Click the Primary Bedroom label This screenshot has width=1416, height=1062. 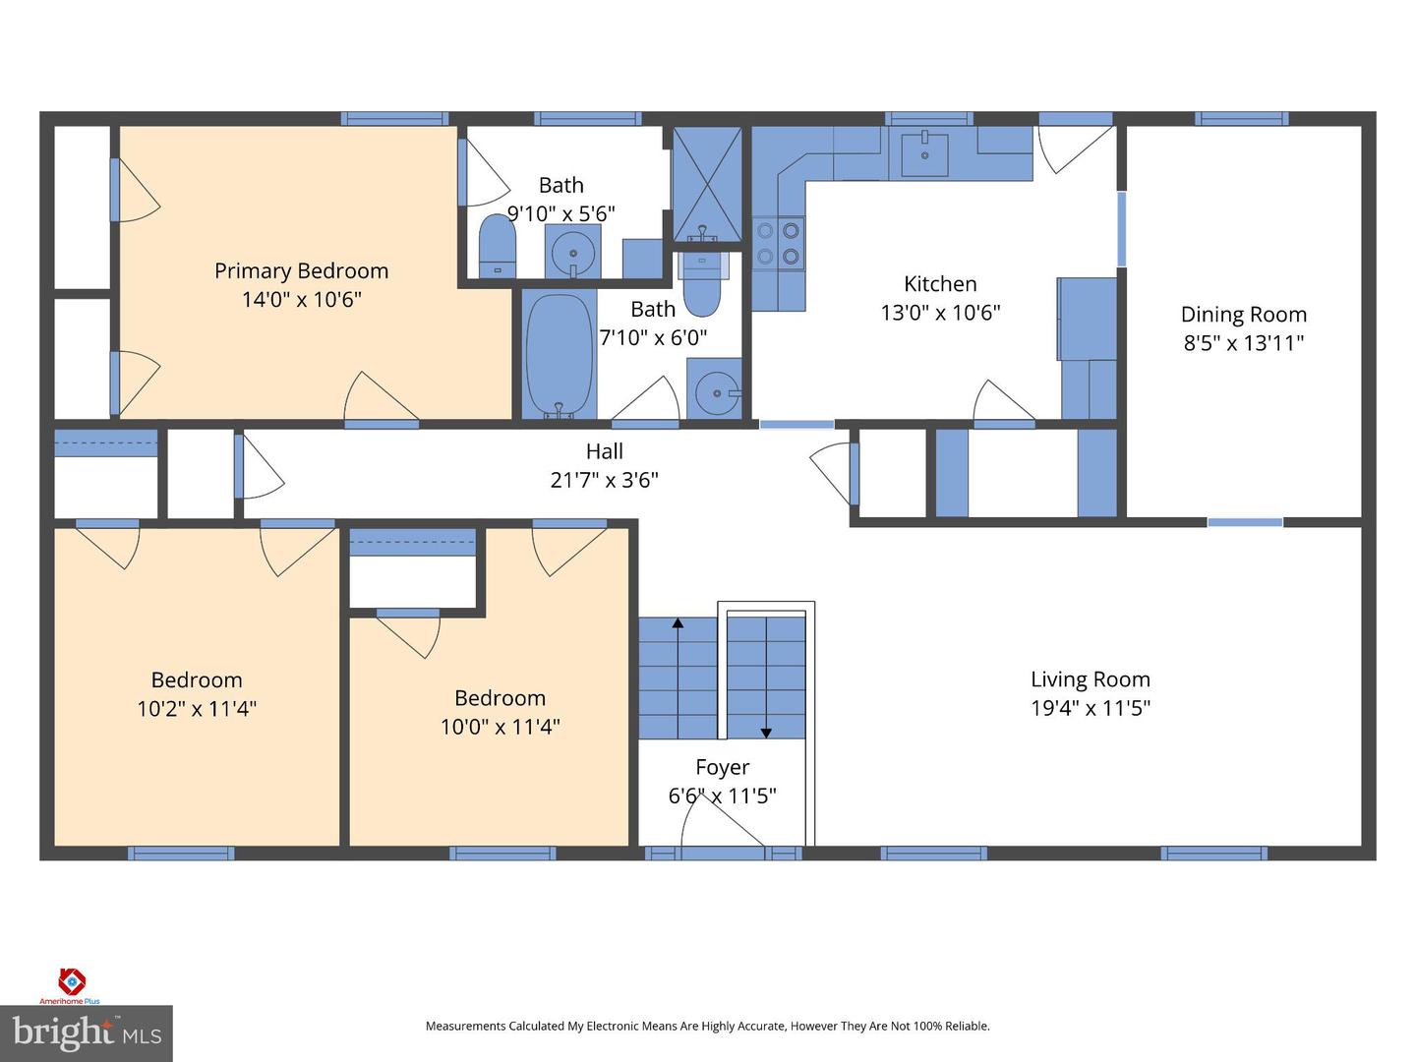click(301, 271)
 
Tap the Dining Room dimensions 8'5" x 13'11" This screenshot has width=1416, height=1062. click(1243, 343)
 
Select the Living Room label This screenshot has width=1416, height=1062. click(1090, 679)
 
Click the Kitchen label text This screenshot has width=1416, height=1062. click(940, 284)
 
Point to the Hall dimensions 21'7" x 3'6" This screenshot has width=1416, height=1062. click(604, 480)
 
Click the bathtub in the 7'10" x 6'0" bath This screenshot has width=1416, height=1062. click(559, 356)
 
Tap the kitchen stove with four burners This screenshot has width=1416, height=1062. click(778, 243)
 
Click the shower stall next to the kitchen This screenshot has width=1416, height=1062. click(706, 183)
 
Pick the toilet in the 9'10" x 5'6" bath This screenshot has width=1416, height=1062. click(497, 247)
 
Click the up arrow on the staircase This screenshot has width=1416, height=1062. click(678, 622)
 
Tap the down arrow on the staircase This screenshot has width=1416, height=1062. click(766, 732)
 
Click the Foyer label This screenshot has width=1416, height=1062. click(722, 768)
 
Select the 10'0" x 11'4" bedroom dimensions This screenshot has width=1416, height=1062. click(500, 727)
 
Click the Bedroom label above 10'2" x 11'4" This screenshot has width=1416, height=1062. click(196, 680)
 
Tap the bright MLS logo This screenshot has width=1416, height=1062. click(87, 1032)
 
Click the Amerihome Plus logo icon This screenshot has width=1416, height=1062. click(72, 981)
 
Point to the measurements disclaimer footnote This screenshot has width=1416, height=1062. click(707, 1026)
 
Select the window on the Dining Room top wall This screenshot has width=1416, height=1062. click(1241, 119)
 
